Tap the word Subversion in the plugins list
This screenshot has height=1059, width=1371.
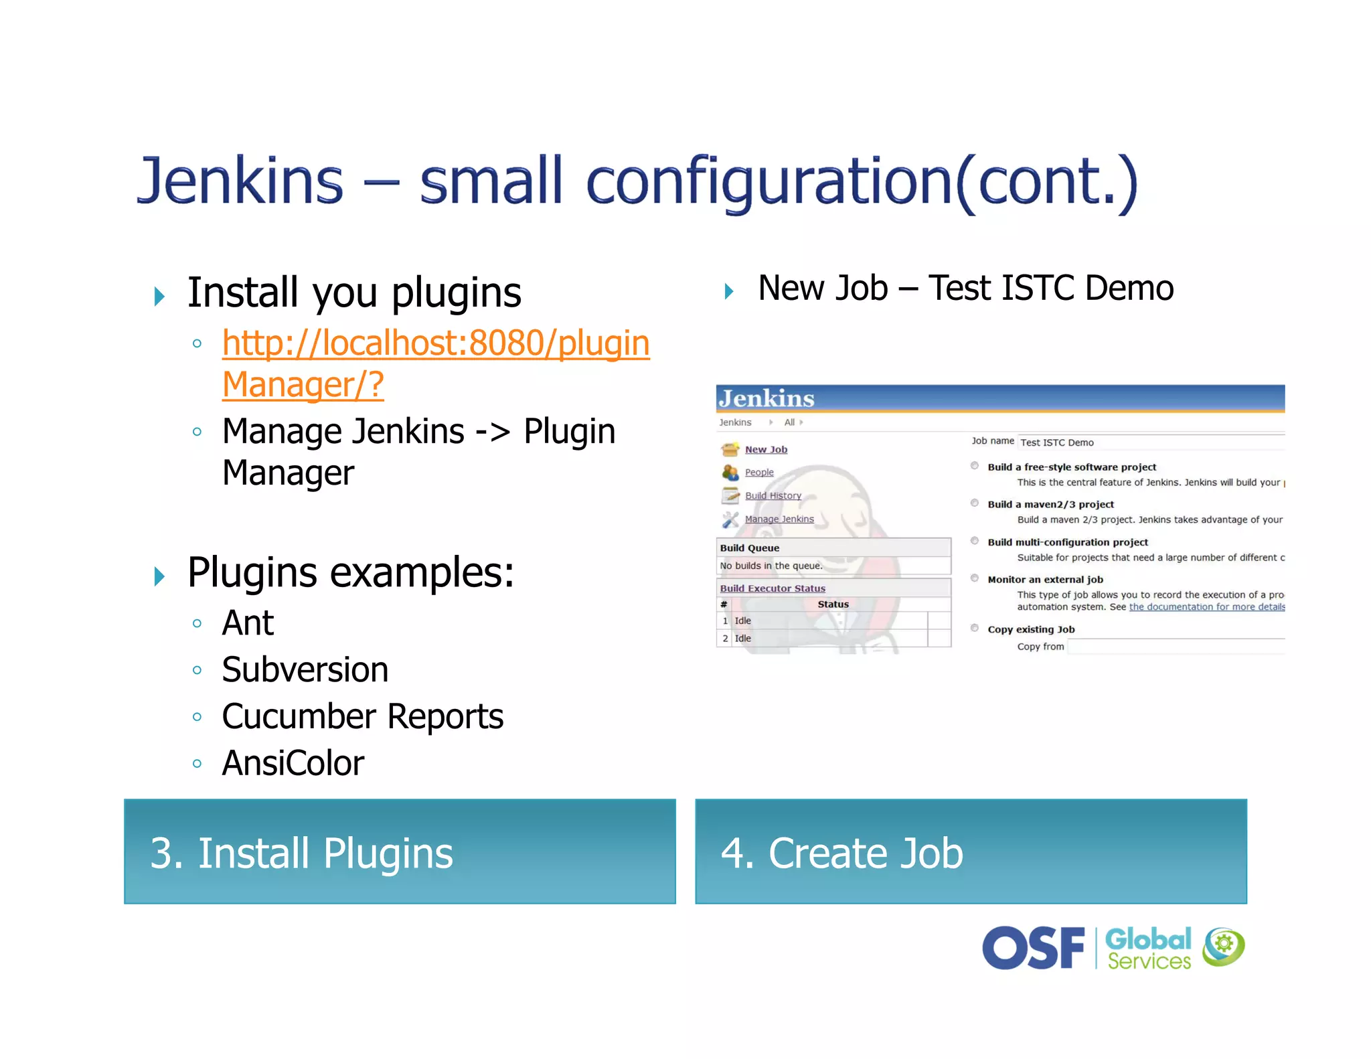[305, 670]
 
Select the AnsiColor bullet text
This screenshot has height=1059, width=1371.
[293, 763]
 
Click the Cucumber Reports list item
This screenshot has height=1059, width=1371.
[362, 716]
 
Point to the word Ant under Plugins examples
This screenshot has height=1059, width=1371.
[247, 623]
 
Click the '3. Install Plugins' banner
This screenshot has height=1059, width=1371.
[400, 851]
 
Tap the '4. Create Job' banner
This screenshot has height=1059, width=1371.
[971, 851]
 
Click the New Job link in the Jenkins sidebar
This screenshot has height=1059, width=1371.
[766, 450]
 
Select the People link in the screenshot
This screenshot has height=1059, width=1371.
[759, 473]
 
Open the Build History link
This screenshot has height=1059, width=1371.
[773, 496]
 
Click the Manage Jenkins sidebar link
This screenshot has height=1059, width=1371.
[779, 519]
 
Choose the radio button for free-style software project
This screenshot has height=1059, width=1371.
[975, 466]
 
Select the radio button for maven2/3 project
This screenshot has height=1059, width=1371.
[975, 503]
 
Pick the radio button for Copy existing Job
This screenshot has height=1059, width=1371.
[975, 629]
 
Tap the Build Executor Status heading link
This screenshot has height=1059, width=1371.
[773, 588]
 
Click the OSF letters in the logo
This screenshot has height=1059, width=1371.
[1032, 948]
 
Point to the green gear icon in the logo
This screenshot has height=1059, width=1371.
[1224, 945]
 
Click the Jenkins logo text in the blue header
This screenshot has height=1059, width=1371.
[767, 399]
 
